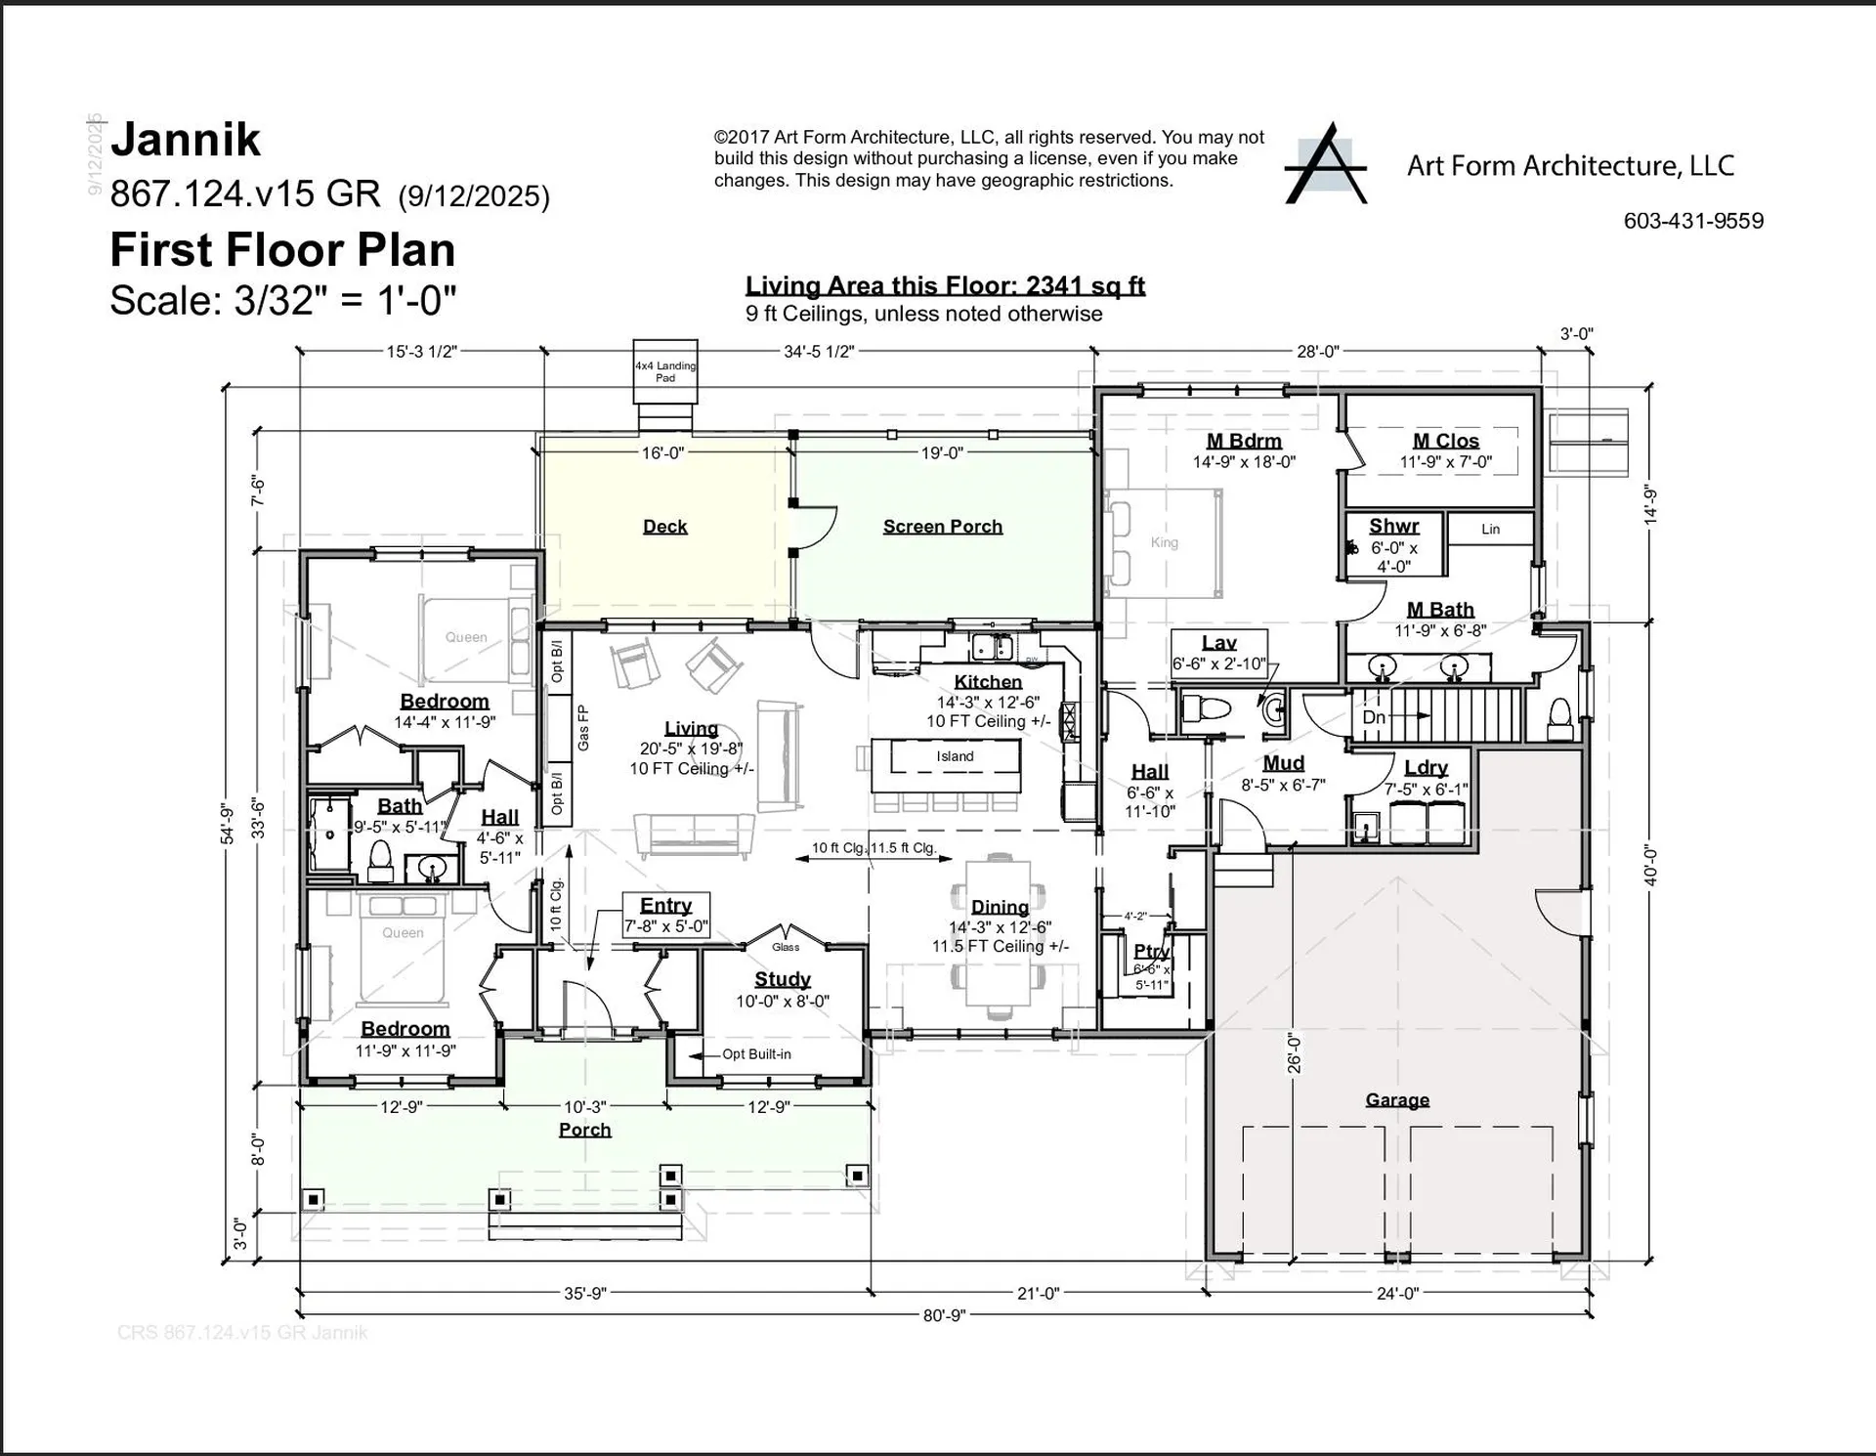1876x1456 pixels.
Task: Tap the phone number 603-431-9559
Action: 1693,221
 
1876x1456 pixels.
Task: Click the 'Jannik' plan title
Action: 186,140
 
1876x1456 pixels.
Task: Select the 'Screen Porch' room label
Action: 942,527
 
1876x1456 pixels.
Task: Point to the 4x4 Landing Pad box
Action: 665,371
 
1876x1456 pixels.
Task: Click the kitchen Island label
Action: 955,756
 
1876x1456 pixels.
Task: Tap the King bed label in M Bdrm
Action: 1164,542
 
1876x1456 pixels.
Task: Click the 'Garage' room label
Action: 1396,1100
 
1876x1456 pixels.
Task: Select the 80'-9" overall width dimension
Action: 944,1315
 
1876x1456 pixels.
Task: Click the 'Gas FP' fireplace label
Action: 583,728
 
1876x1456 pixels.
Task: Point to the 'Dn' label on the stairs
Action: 1374,717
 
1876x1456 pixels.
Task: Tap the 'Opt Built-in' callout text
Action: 755,1054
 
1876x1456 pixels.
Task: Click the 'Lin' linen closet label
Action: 1490,530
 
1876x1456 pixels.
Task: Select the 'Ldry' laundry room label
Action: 1426,768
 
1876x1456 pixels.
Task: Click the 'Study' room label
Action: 783,979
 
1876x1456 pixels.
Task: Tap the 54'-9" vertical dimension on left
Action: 227,824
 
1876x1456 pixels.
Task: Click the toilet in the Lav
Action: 1205,709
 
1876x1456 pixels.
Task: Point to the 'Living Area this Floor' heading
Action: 944,286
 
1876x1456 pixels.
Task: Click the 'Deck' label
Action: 664,527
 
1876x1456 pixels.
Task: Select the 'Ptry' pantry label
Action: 1151,951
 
